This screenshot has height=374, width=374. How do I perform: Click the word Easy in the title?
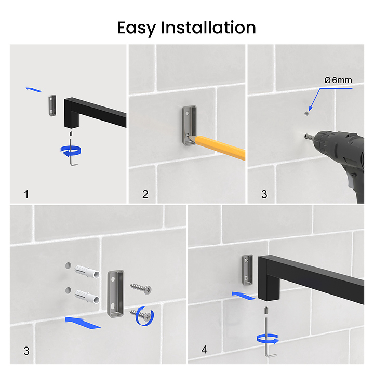(x=137, y=29)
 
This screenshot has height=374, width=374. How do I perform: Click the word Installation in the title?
(x=208, y=28)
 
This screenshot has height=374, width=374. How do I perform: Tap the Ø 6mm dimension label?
(x=338, y=80)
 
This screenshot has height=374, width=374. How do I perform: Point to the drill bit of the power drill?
(x=309, y=137)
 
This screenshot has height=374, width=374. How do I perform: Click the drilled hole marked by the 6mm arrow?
(x=307, y=114)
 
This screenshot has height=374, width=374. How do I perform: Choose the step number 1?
(x=26, y=194)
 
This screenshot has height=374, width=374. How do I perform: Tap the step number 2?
(x=145, y=194)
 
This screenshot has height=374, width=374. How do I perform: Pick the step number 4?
(x=205, y=350)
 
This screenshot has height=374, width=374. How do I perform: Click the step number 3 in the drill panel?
(x=264, y=194)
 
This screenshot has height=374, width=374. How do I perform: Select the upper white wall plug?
(x=87, y=272)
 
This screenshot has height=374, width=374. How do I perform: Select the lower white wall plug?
(x=87, y=297)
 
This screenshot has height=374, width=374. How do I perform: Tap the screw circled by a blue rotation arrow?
(x=141, y=314)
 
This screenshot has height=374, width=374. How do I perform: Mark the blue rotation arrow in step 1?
(x=71, y=152)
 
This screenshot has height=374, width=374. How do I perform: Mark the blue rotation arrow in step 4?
(x=268, y=339)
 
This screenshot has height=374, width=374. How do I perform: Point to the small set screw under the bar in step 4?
(x=266, y=311)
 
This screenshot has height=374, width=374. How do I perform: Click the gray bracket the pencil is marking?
(x=190, y=126)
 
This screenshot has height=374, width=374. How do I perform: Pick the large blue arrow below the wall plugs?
(x=83, y=323)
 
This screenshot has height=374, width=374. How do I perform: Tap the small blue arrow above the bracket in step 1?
(x=34, y=89)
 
